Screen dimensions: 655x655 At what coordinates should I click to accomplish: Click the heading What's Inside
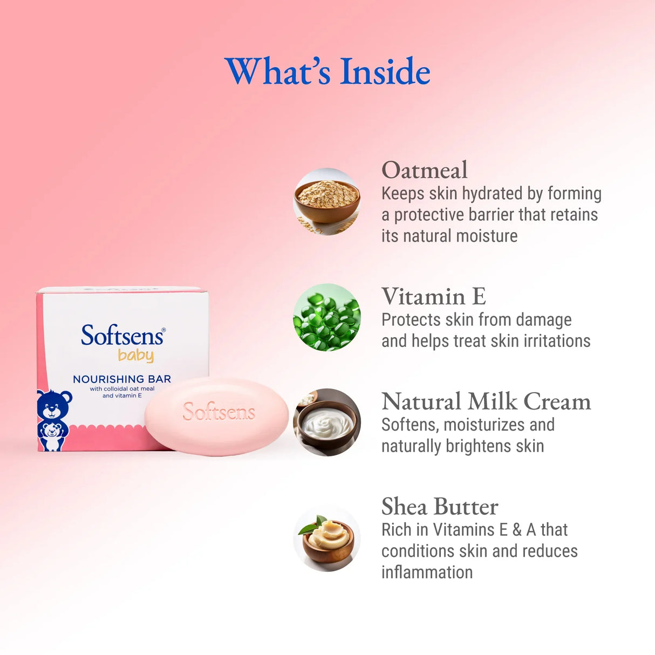point(327,72)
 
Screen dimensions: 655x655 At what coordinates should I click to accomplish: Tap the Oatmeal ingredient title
point(425,170)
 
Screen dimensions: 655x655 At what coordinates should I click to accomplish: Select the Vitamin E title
point(434,297)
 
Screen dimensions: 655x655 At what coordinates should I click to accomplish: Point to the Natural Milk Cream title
point(486,402)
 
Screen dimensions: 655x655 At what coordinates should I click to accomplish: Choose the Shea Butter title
point(440,507)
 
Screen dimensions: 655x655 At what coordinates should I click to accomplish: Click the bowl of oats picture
point(326,201)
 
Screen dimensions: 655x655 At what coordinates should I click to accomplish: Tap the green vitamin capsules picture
point(326,317)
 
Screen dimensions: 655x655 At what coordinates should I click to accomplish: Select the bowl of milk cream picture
point(326,422)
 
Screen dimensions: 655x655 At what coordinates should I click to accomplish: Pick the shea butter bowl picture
point(326,538)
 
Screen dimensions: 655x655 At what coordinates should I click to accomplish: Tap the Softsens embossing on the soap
point(219,412)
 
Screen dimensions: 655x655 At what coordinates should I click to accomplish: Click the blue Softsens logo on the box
point(122,336)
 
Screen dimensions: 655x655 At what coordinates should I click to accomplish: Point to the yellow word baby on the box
point(136,356)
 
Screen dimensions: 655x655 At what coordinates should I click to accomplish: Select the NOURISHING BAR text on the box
point(122,379)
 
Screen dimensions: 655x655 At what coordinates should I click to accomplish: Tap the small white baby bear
point(52,436)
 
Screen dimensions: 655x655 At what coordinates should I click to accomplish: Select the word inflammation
point(427,572)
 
